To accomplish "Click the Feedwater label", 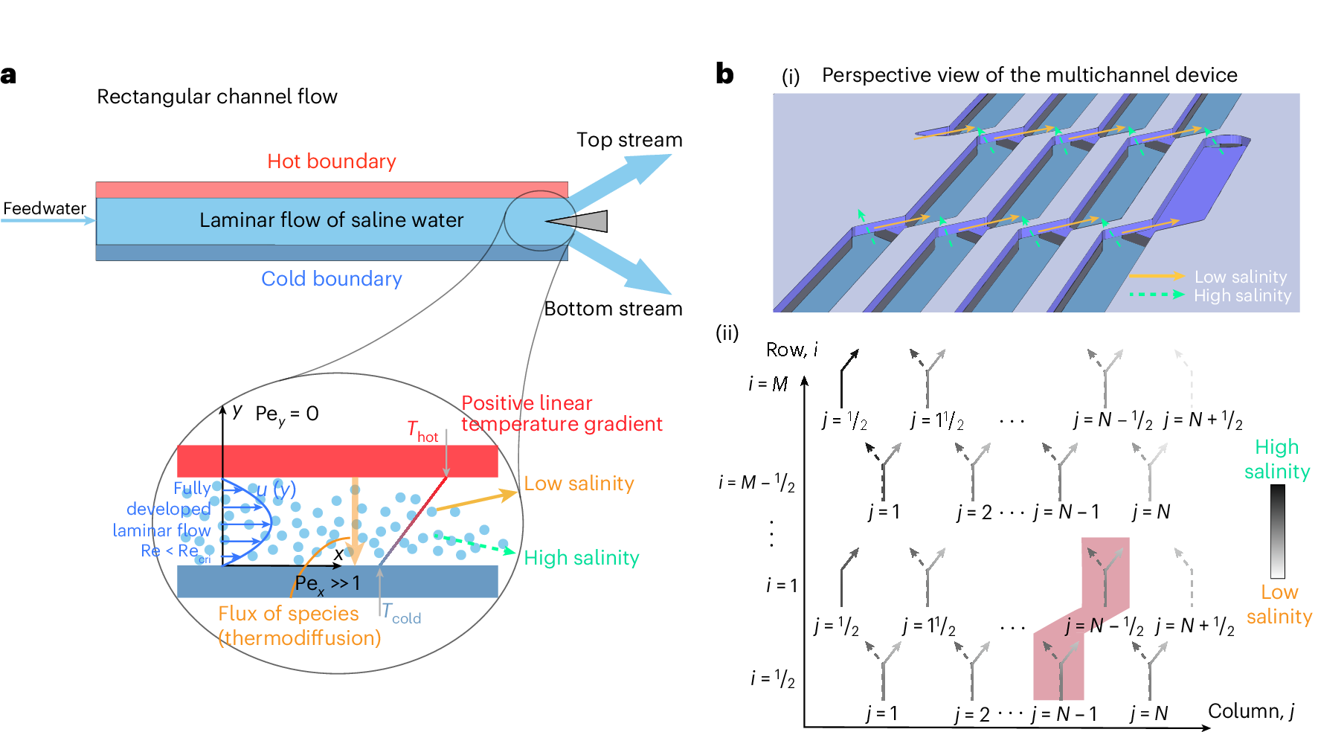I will pos(45,208).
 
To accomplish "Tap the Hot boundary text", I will pos(331,161).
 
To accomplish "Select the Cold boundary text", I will pos(331,279).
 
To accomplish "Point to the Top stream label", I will pos(629,140).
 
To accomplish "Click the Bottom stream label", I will pos(613,309).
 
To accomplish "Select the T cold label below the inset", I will pos(402,614).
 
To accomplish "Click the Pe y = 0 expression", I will pos(286,415).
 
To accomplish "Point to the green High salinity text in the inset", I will pos(581,558).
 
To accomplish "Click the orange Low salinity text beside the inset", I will pos(579,484).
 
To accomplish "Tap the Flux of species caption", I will pos(289,614).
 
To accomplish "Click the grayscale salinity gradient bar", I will pos(1277,531).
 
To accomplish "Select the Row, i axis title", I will pos(791,350).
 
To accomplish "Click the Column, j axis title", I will pos(1251,711).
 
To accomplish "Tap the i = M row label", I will pos(768,384).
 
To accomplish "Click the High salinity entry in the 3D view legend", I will pos(1242,295).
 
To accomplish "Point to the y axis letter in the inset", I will pos(237,410).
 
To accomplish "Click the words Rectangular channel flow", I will pos(217,97).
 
